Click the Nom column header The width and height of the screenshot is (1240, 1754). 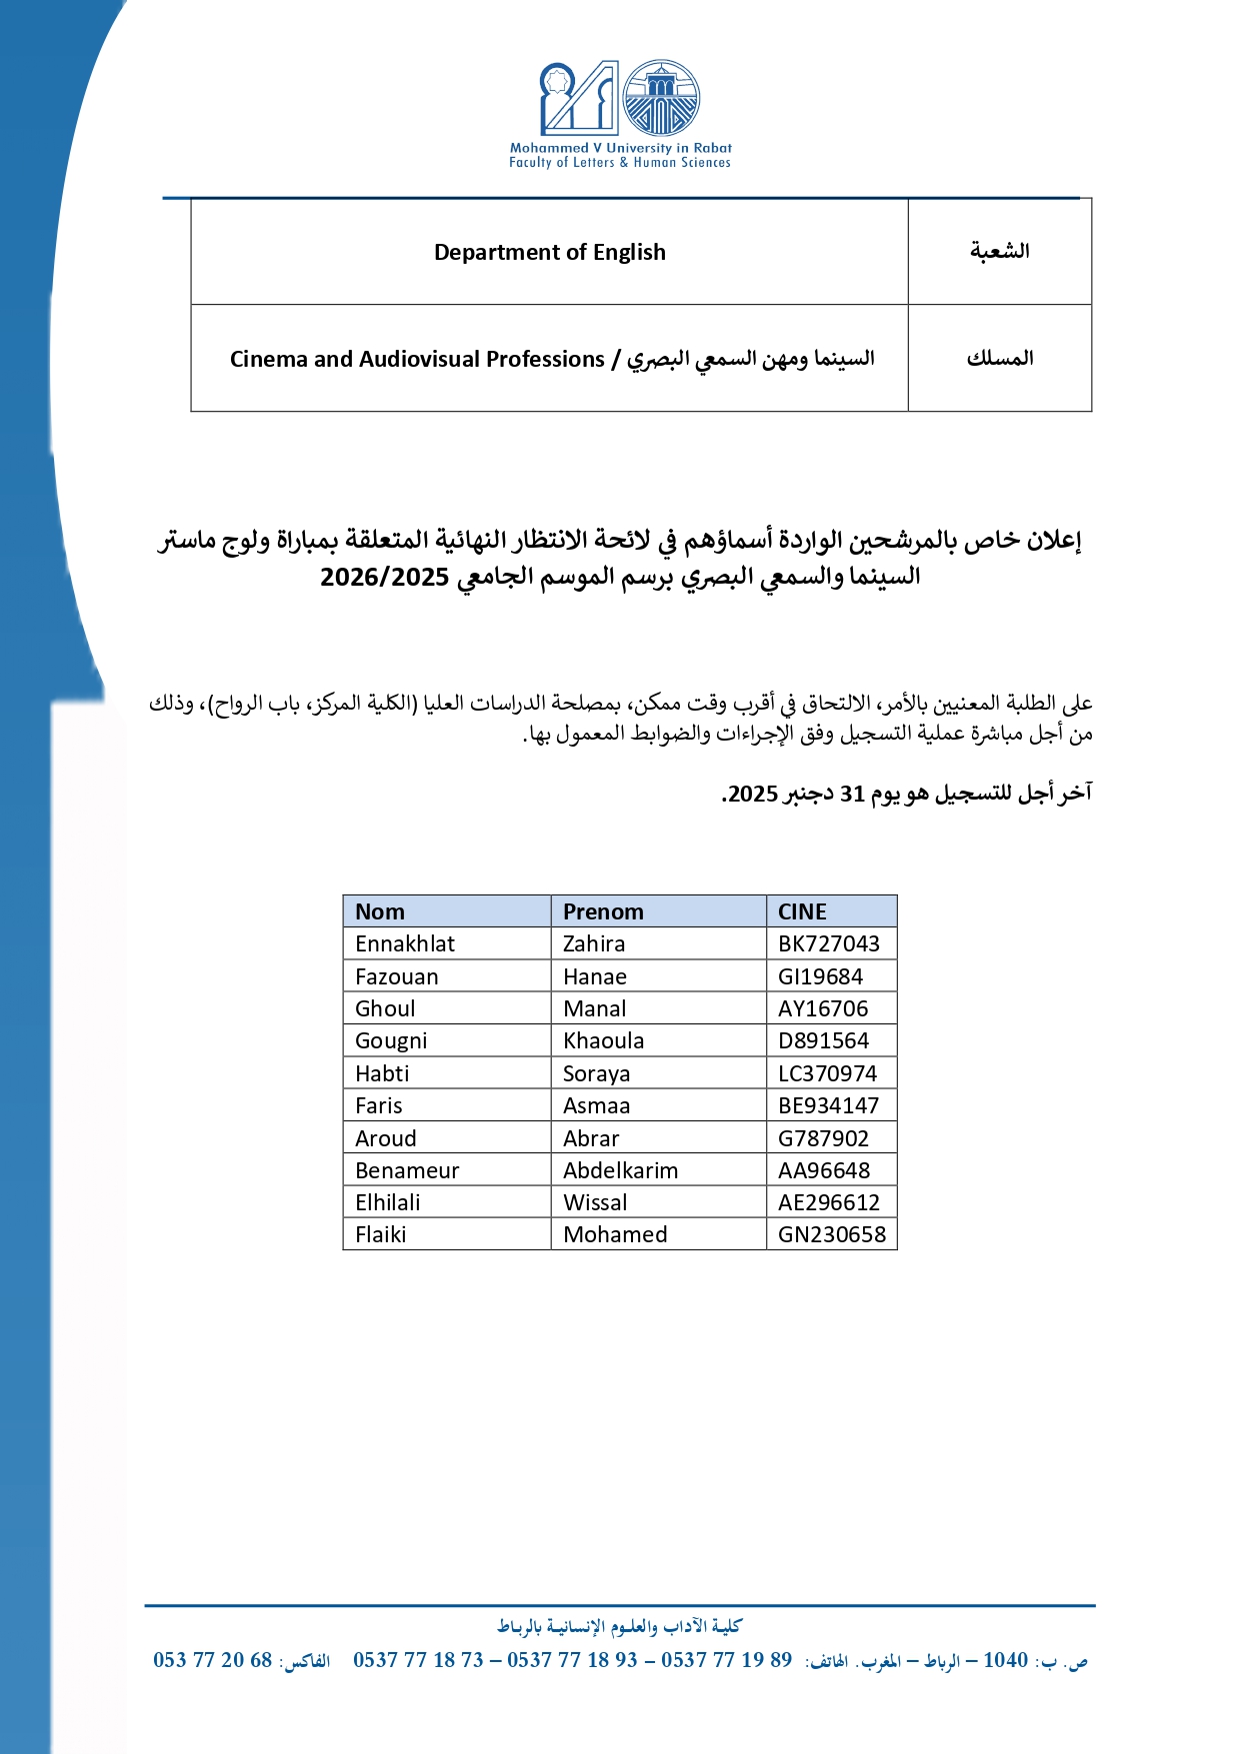[x=380, y=911]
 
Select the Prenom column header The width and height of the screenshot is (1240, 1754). [x=603, y=911]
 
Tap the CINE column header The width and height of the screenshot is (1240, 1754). [x=802, y=911]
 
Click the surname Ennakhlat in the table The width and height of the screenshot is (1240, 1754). [x=405, y=943]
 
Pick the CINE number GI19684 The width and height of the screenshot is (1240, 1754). [x=820, y=976]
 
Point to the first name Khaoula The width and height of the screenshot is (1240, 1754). [x=603, y=1040]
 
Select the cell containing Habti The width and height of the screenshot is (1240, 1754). [x=382, y=1073]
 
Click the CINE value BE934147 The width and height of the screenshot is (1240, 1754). [x=828, y=1105]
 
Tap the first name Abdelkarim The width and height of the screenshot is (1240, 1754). [x=620, y=1170]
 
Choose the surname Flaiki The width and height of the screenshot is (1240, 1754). [x=381, y=1234]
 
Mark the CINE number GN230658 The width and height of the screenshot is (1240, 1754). [x=832, y=1234]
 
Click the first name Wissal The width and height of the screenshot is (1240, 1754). [x=595, y=1202]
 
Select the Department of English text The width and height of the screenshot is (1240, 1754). [x=549, y=252]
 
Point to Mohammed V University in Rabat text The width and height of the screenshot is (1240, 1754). [x=620, y=148]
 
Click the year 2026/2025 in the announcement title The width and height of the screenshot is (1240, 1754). [x=384, y=578]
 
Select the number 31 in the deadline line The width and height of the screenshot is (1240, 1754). [x=852, y=794]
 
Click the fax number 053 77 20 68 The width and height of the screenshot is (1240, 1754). [x=212, y=1660]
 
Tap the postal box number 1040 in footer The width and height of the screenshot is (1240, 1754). [x=1005, y=1660]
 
